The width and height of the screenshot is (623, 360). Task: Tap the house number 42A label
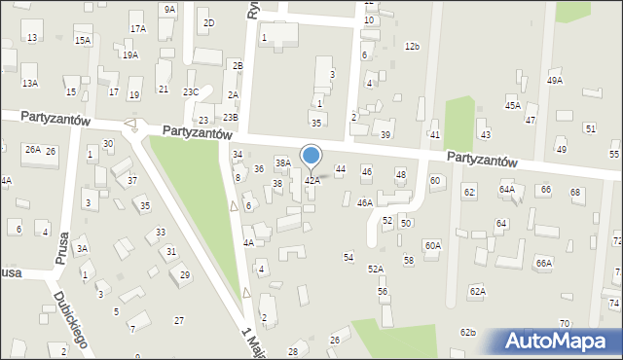point(311,180)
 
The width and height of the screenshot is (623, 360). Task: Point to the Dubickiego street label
point(72,318)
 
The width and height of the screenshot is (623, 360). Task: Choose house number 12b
point(412,46)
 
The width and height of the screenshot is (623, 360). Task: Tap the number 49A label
point(554,81)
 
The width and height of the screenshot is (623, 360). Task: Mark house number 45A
point(512,104)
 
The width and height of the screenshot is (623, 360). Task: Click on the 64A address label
point(506,189)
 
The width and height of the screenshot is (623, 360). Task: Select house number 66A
point(543,263)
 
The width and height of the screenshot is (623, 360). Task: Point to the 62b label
point(468,333)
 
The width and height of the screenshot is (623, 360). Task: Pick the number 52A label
point(375,269)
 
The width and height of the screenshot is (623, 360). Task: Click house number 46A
point(364,202)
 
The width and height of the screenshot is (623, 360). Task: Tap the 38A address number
point(282,162)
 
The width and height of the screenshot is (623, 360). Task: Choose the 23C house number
point(191,91)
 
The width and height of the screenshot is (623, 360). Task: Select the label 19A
point(129,54)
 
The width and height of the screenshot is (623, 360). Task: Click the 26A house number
point(32,149)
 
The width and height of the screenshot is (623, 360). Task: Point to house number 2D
point(207,22)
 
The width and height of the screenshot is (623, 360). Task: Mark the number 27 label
point(179,320)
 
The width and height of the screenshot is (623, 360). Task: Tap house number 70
point(564,322)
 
